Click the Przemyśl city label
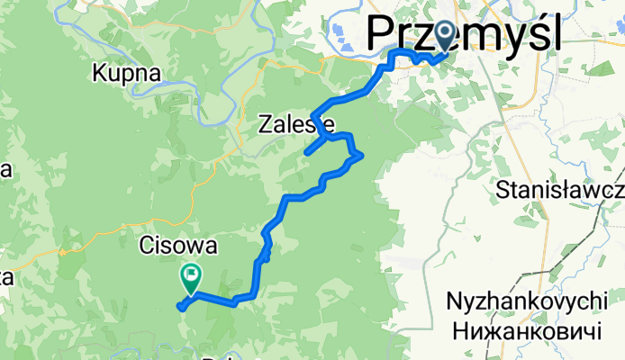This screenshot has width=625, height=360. (465, 36)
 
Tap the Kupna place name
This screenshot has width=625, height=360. (126, 74)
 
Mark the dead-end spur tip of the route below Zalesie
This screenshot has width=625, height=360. (307, 153)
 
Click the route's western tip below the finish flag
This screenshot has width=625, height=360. (181, 307)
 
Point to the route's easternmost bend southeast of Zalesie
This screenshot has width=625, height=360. (361, 156)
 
